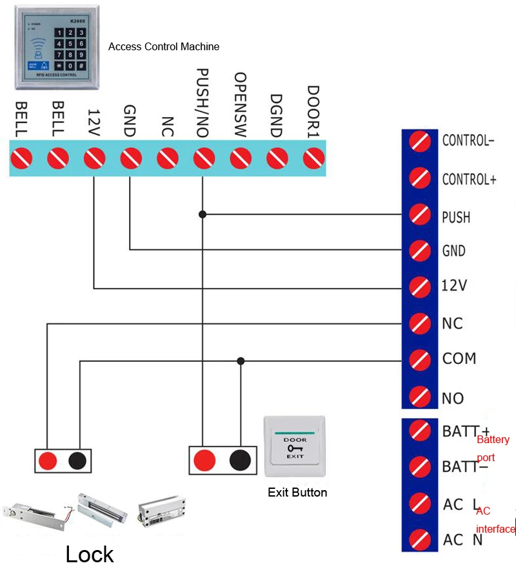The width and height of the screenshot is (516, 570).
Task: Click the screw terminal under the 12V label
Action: tap(95, 157)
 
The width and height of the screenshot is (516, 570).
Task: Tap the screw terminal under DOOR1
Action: tap(313, 157)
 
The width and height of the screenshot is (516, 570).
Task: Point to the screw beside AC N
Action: tap(421, 538)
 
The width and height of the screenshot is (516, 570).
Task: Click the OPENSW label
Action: tap(241, 104)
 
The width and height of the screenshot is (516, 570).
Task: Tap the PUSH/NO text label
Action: tap(203, 102)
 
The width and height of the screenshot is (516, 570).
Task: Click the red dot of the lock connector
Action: tap(47, 460)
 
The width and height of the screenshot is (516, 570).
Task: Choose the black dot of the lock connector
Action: tap(78, 460)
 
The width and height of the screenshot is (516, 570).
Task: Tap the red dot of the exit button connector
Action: tap(204, 459)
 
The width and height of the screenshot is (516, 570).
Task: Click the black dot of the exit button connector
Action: tap(239, 459)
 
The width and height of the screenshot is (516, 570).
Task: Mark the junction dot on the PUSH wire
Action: tap(203, 214)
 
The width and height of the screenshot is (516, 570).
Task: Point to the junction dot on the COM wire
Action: tap(241, 361)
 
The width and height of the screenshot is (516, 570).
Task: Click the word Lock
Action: tap(90, 554)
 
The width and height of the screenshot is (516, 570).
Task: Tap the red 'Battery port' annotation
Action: tap(493, 448)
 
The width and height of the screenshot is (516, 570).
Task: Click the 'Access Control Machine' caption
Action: tap(164, 46)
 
